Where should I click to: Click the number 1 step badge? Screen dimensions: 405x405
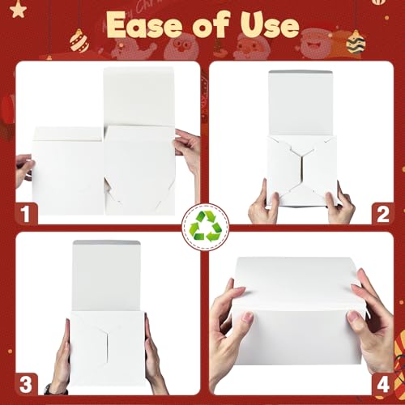click(x=28, y=213)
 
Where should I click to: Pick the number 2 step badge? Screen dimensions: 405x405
click(x=377, y=213)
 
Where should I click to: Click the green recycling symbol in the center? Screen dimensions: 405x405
click(x=202, y=226)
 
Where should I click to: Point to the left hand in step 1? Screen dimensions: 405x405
click(x=23, y=169)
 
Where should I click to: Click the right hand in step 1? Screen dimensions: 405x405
click(x=187, y=150)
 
